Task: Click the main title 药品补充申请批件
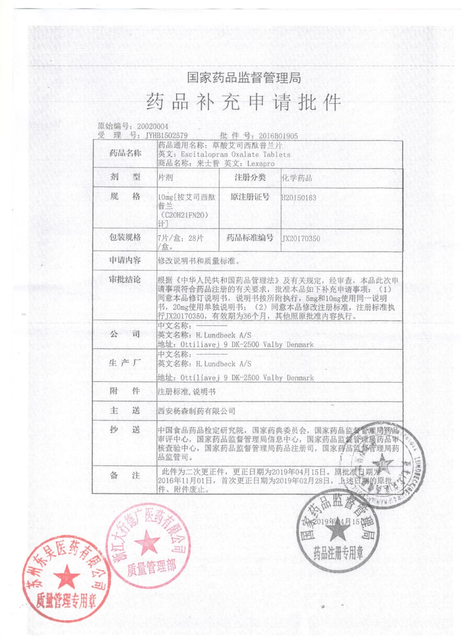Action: pyautogui.click(x=244, y=102)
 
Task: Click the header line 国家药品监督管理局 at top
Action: pyautogui.click(x=244, y=78)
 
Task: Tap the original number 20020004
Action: pyautogui.click(x=153, y=126)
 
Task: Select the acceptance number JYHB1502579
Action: pyautogui.click(x=166, y=136)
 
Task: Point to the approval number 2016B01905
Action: pyautogui.click(x=278, y=136)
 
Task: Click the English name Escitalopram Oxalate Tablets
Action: pyautogui.click(x=236, y=155)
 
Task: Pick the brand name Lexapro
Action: pyautogui.click(x=261, y=164)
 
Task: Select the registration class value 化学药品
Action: pyautogui.click(x=297, y=178)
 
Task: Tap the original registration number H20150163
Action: pyautogui.click(x=299, y=198)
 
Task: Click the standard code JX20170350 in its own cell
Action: pyautogui.click(x=301, y=238)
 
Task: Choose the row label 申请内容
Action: pyautogui.click(x=125, y=260)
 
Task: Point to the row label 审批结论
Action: pyautogui.click(x=125, y=279)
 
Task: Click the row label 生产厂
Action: pyautogui.click(x=125, y=363)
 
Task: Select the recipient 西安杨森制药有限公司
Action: pyautogui.click(x=196, y=411)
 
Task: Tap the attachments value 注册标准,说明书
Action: pyautogui.click(x=187, y=391)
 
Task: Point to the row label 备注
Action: pyautogui.click(x=125, y=475)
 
